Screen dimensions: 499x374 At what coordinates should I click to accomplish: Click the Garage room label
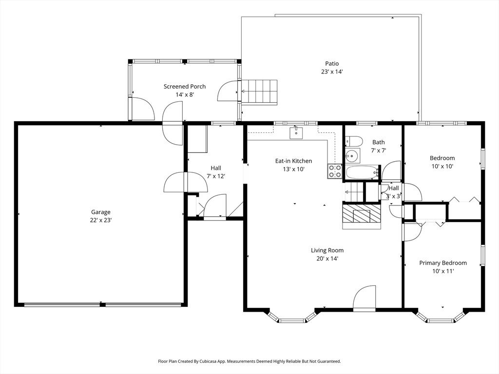(100, 212)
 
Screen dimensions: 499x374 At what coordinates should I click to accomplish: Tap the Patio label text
(332, 64)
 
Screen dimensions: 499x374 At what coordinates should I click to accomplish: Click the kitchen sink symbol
(296, 132)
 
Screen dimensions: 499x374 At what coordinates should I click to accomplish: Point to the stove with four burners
(335, 171)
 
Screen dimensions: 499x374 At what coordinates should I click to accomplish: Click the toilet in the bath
(354, 141)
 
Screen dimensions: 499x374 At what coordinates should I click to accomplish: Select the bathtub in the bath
(363, 172)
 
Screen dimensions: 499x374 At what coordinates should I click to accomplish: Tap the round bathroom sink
(352, 156)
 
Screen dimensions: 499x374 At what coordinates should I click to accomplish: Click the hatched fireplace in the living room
(362, 216)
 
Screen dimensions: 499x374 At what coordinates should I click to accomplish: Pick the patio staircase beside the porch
(259, 92)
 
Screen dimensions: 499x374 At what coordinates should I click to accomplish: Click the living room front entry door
(365, 298)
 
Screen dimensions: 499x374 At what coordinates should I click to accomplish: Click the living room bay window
(292, 317)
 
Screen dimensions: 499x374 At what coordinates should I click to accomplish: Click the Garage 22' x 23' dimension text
(100, 220)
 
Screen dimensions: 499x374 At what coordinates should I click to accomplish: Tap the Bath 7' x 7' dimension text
(378, 150)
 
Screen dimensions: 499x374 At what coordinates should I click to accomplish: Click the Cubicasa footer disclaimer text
(249, 361)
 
